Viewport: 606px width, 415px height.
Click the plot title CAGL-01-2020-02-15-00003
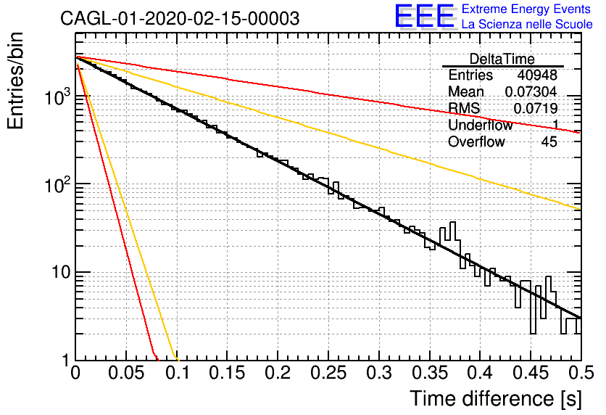coord(180,18)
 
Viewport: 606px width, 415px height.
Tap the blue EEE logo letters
coord(425,16)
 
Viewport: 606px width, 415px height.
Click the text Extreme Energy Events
coord(526,9)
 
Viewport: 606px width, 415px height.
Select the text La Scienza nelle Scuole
coord(527,24)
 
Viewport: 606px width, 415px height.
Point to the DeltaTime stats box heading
coord(502,59)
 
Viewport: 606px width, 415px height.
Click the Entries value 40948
coord(537,75)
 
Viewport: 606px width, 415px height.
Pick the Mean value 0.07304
coord(531,91)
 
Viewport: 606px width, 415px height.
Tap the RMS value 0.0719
coord(535,108)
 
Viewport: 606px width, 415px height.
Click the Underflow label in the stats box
coord(481,125)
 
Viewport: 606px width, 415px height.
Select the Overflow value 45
coord(549,142)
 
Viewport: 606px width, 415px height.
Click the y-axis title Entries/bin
coord(15,81)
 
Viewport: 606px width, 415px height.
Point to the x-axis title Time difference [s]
coord(496,399)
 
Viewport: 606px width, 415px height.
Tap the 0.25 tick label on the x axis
coord(328,373)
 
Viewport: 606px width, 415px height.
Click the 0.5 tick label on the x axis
coord(581,373)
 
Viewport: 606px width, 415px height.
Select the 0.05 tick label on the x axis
coord(126,373)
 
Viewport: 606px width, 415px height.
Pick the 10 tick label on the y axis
coord(62,273)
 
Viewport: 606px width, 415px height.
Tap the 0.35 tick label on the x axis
coord(430,373)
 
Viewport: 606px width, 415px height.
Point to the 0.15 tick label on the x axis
coord(228,373)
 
